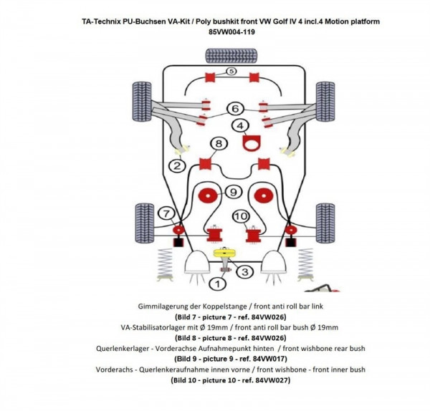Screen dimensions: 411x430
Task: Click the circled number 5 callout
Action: pos(231,72)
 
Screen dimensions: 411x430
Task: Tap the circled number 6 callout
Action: pos(234,109)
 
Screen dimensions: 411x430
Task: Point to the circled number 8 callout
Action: pos(219,144)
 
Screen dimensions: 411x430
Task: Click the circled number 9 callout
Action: pos(232,192)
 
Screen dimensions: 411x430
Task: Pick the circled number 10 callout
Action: pos(240,216)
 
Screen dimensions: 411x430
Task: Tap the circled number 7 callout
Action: pos(165,213)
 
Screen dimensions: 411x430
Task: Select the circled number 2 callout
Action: pos(176,167)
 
